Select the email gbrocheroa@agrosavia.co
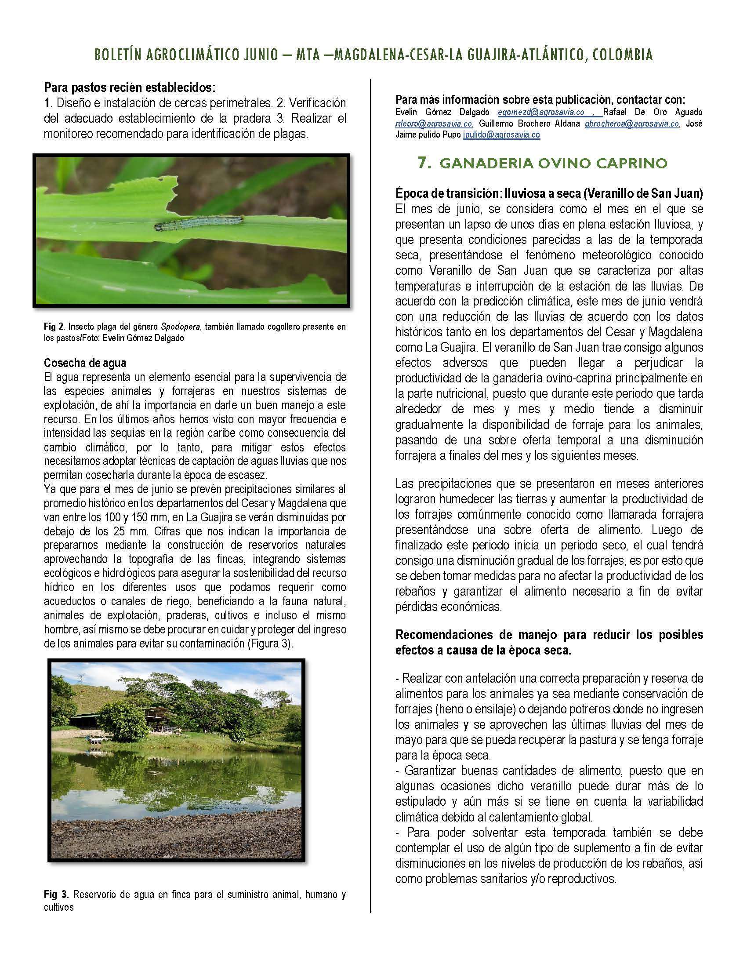(632, 124)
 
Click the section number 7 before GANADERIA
(424, 163)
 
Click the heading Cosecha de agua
(85, 363)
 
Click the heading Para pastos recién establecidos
(129, 88)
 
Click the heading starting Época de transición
(549, 193)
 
